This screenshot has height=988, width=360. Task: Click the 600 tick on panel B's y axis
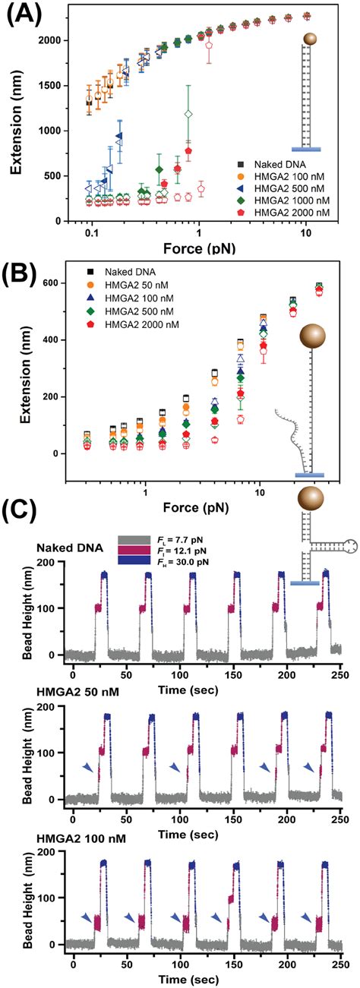click(55, 283)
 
